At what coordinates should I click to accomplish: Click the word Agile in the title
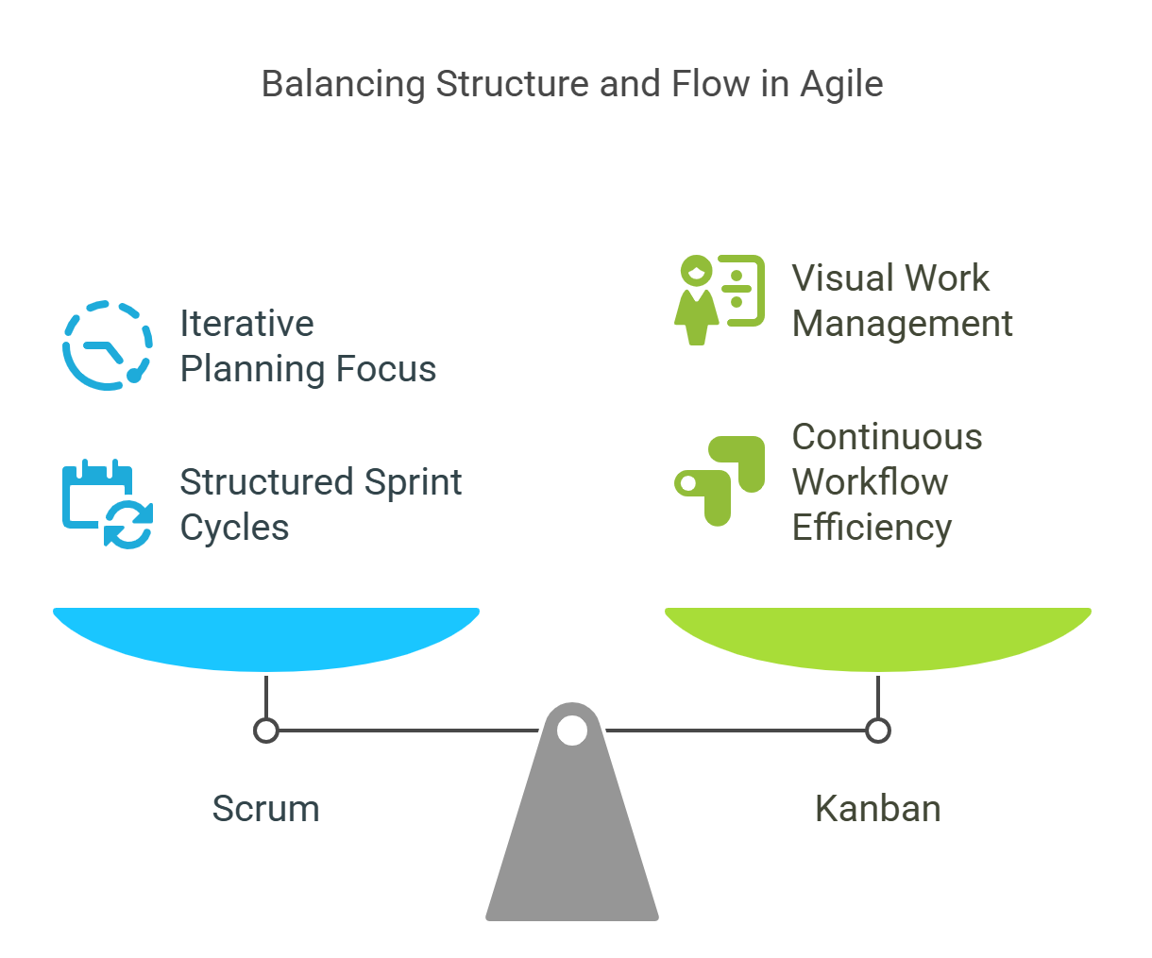[842, 85]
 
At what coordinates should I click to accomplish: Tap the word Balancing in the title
[343, 85]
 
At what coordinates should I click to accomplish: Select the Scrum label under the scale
[266, 809]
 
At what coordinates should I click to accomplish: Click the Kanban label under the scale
[878, 809]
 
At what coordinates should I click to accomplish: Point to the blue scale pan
[266, 639]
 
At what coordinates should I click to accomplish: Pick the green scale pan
[878, 639]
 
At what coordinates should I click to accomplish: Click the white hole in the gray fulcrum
[572, 731]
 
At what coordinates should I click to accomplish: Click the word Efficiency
[872, 529]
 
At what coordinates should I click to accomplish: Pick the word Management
[902, 325]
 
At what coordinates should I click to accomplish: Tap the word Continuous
[888, 437]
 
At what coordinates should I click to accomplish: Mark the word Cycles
[234, 529]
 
